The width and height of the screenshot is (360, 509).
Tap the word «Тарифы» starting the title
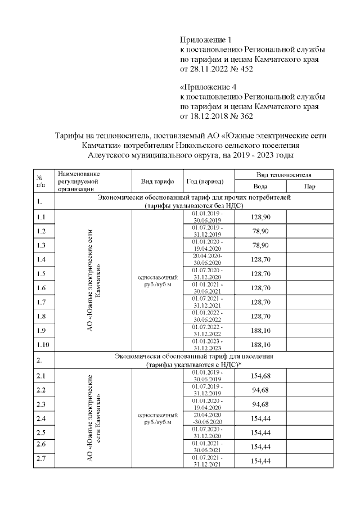69,136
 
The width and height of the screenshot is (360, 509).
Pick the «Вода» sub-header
260,186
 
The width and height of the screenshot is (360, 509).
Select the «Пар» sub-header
309,186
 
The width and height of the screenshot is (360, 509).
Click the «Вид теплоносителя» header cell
284,175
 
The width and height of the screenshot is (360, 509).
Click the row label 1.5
40,274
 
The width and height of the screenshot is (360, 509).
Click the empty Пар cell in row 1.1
309,217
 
